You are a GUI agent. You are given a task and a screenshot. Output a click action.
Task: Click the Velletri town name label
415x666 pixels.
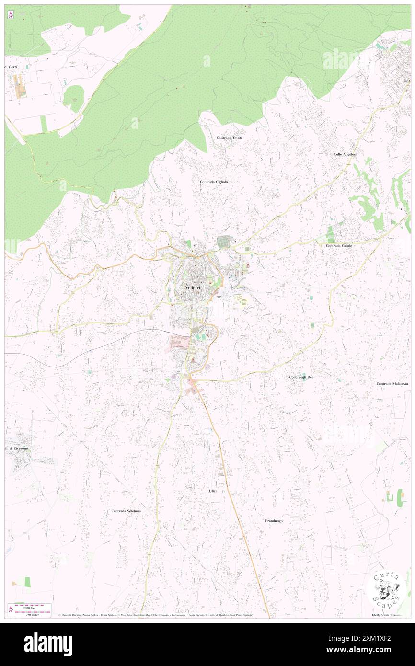click(191, 287)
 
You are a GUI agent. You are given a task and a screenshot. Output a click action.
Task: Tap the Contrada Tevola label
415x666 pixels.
click(229, 138)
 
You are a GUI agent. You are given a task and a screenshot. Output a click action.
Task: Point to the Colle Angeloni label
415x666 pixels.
click(346, 154)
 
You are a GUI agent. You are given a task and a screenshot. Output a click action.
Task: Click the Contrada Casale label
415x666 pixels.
click(339, 246)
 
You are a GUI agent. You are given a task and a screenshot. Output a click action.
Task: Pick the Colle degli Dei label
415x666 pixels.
click(301, 378)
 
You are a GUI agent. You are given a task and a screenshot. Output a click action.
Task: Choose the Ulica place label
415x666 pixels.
click(213, 491)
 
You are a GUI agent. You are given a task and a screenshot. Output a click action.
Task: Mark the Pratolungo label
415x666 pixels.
click(274, 521)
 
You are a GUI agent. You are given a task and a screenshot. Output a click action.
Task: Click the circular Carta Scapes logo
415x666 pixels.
click(385, 589)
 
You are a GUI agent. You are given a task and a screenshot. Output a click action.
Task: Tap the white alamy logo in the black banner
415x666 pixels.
click(48, 644)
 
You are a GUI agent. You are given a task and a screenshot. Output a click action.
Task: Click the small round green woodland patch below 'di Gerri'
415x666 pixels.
click(73, 98)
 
